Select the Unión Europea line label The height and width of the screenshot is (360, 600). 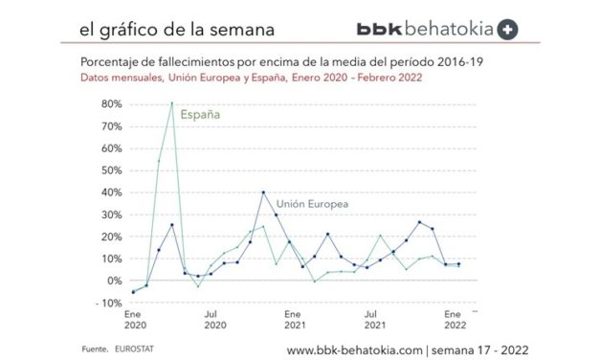coord(311,205)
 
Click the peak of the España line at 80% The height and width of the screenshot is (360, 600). coord(172,103)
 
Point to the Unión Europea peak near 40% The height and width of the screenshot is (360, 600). coord(263,192)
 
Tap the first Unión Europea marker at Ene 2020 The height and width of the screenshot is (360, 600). coord(133,292)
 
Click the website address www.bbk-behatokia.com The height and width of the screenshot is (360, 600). coord(354,349)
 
